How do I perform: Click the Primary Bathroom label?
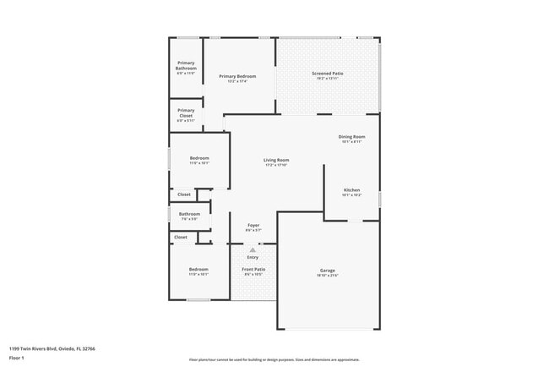(x=186, y=66)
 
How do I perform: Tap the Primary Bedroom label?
(x=237, y=77)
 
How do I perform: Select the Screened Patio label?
(x=327, y=74)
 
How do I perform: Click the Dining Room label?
(x=351, y=136)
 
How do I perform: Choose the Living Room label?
(x=276, y=160)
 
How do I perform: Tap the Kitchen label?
(x=351, y=190)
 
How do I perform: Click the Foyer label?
(x=253, y=225)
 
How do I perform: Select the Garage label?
(x=327, y=271)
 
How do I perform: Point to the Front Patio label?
(x=253, y=270)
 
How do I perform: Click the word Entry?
(x=253, y=257)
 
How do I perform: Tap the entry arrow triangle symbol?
(x=253, y=249)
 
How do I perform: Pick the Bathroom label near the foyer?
(x=189, y=214)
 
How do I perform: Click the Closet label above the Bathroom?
(x=184, y=194)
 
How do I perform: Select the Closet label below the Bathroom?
(x=181, y=238)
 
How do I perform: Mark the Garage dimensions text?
(x=327, y=276)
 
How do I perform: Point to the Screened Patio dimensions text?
(x=327, y=79)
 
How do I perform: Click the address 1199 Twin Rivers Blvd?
(x=52, y=348)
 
